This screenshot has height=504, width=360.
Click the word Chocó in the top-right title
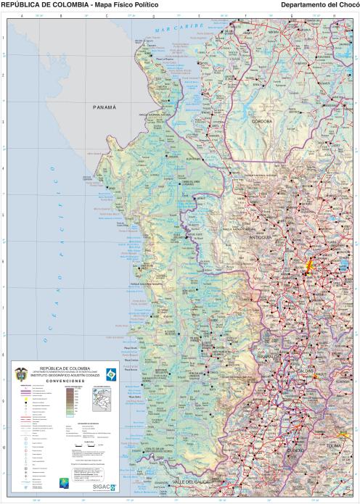(347, 4)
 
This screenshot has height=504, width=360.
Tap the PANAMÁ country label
(105, 107)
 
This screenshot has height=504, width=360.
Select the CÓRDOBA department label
(262, 122)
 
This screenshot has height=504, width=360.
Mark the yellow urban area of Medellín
(309, 266)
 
